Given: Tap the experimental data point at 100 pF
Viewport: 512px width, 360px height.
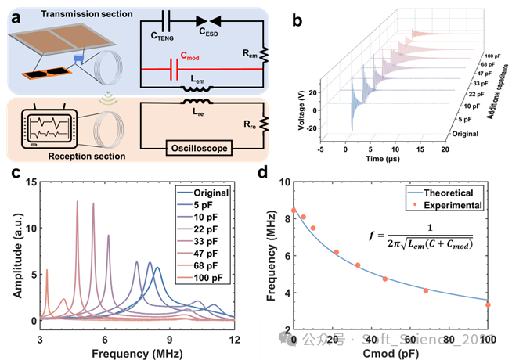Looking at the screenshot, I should click(x=488, y=304).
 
